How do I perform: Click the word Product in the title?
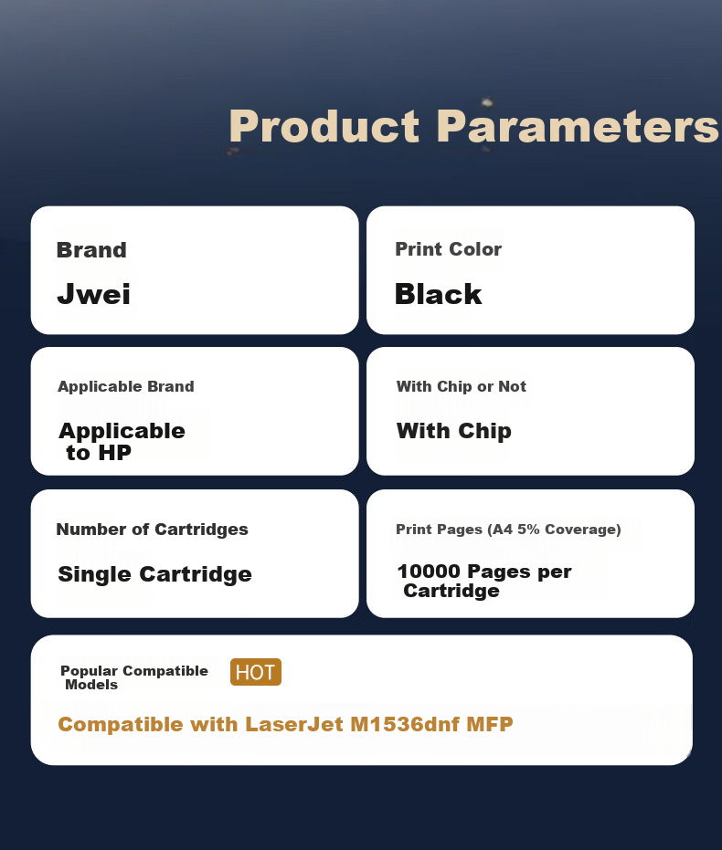pos(324,126)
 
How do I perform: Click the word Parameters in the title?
pos(578,126)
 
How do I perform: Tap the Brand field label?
pos(91,250)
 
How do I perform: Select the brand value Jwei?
pos(94,294)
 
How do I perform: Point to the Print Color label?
pos(448,249)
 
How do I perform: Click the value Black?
pos(439,294)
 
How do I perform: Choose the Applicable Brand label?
pos(126,386)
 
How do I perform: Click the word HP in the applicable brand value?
pos(114,453)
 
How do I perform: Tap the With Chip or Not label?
pos(462,386)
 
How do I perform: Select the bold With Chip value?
pos(454,432)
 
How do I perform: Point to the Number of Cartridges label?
pos(152,530)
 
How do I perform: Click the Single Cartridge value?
pos(155,574)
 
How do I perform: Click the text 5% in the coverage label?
pos(528,530)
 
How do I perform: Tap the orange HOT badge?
pos(256,672)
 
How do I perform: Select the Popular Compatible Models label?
pos(134,677)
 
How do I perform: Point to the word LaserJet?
pos(294,724)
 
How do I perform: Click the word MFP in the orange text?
pos(490,724)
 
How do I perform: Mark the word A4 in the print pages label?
pos(503,530)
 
